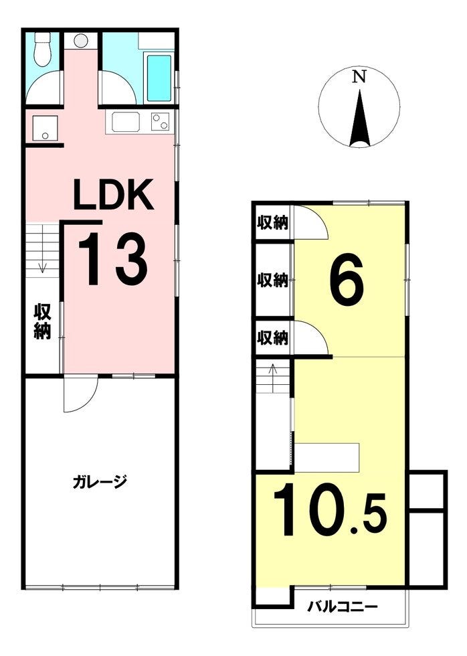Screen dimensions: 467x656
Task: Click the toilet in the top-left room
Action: (42, 48)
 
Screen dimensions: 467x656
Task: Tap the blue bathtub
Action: (159, 78)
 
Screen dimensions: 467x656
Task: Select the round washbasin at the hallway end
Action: (81, 41)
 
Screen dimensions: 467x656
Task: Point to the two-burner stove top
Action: (160, 122)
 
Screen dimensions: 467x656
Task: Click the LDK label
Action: (113, 194)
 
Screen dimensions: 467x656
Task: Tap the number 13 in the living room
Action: (112, 259)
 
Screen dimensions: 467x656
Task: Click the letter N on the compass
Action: (359, 77)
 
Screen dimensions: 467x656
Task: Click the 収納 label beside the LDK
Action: (42, 321)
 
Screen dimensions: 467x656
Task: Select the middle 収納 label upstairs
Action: (272, 280)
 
